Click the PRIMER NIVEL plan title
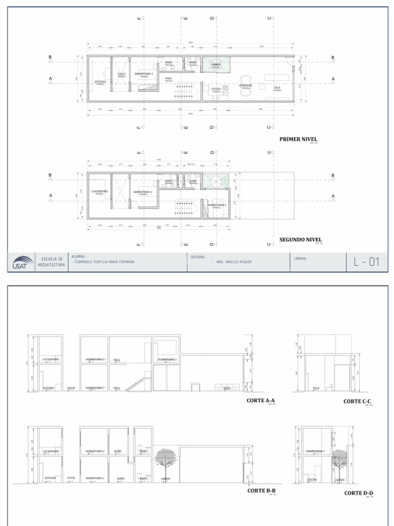coord(298,139)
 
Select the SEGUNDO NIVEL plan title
coord(300,239)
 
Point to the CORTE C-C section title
coord(357,401)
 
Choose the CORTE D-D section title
coord(358,493)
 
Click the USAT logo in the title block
coord(22,263)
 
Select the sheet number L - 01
coord(366,262)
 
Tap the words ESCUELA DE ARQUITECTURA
coord(51,261)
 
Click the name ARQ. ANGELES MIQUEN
coord(231,261)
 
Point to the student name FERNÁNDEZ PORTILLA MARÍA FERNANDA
coord(104,261)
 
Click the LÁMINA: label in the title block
coord(301,258)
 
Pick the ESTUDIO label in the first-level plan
coord(100,82)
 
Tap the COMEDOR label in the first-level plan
coord(245,85)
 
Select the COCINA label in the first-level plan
coord(215,89)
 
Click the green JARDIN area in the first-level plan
coord(216,64)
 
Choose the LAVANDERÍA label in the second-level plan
coord(100,191)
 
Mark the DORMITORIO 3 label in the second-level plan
coord(216,204)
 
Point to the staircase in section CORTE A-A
coord(137,383)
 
